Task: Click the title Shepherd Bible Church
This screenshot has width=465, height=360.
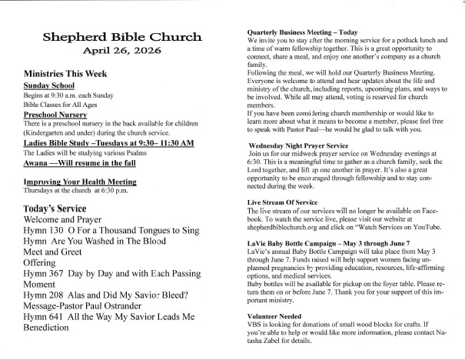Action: click(x=123, y=37)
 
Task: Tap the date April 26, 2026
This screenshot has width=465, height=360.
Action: click(x=123, y=53)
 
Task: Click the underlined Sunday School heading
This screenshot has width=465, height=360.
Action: click(x=48, y=86)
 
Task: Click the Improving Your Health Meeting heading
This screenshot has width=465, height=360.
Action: click(x=81, y=159)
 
